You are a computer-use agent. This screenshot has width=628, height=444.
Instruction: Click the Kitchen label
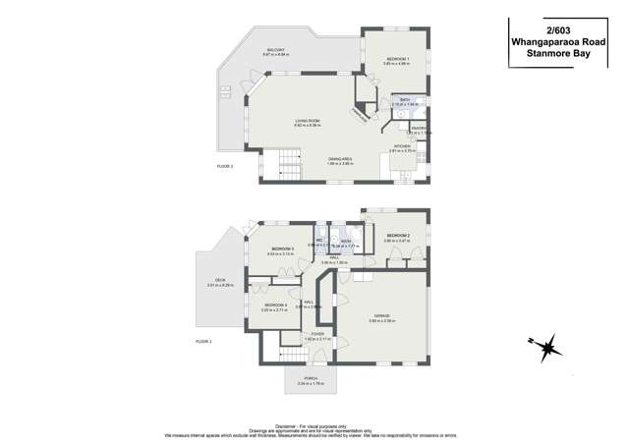402,145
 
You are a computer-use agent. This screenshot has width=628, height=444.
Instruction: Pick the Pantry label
418,128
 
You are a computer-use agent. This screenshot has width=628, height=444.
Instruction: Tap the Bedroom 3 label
281,250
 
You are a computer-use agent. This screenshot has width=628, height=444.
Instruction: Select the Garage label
380,317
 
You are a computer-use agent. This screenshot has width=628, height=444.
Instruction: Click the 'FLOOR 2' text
226,166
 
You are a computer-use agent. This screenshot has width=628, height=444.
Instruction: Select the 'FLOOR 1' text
203,340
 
